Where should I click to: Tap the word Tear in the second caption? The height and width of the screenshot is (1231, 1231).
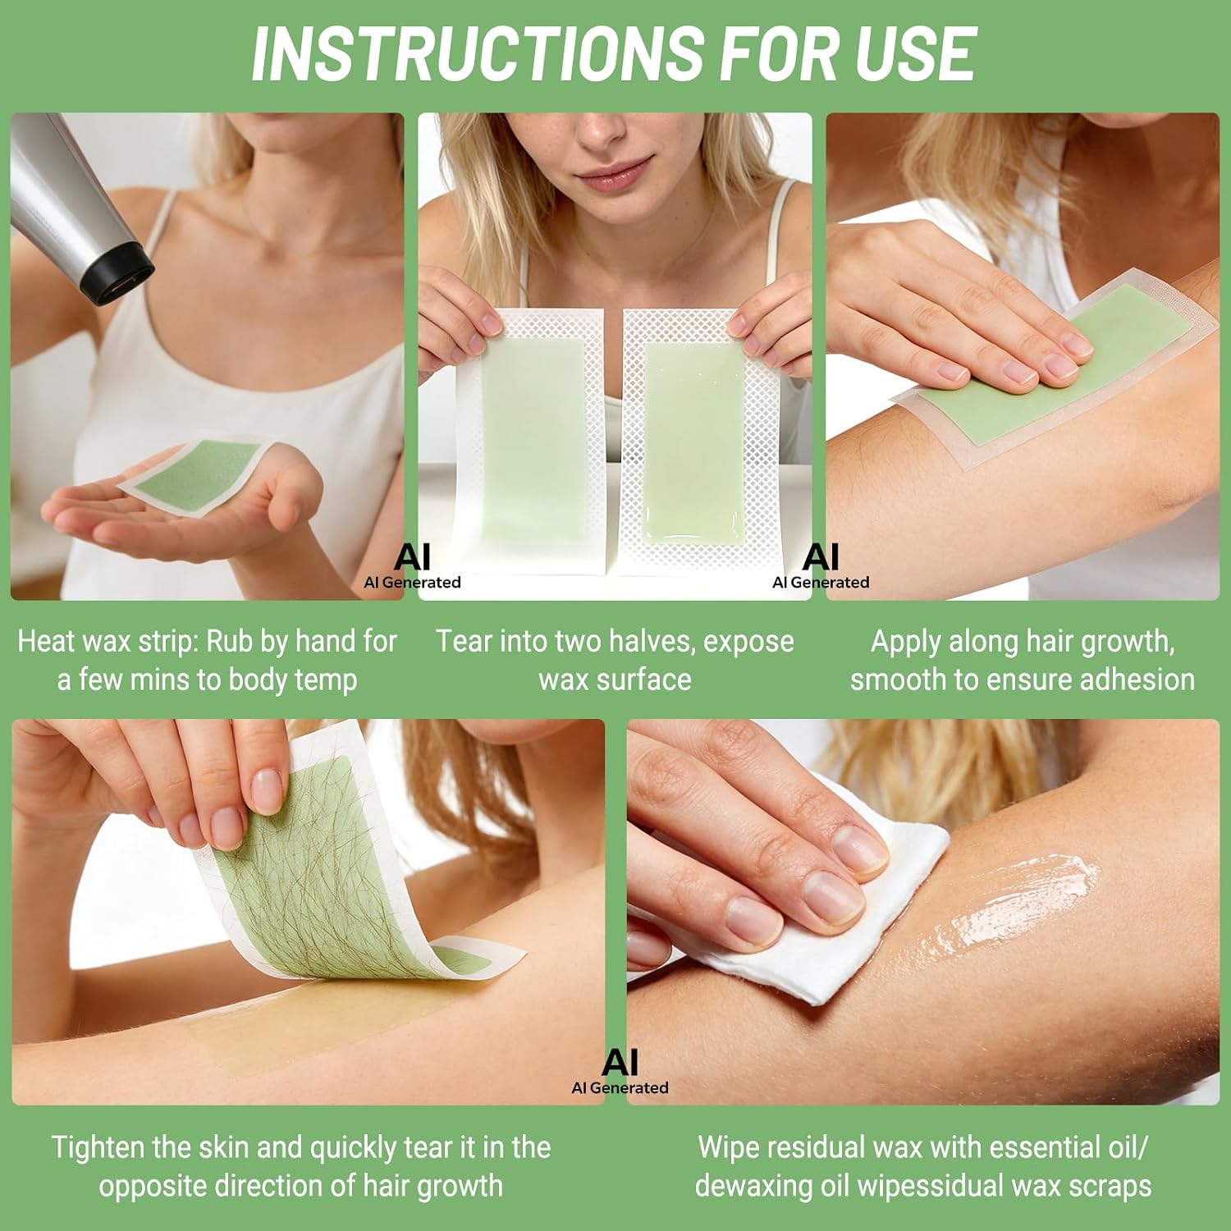click(464, 641)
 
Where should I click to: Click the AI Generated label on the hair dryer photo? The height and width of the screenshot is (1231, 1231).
click(413, 566)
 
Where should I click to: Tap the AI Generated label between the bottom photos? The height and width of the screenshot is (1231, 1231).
click(620, 1072)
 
